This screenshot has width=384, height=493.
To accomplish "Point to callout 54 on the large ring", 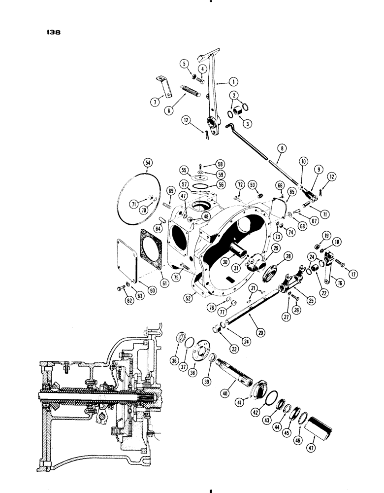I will (147, 163).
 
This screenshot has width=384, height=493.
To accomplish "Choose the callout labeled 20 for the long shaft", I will (260, 332).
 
